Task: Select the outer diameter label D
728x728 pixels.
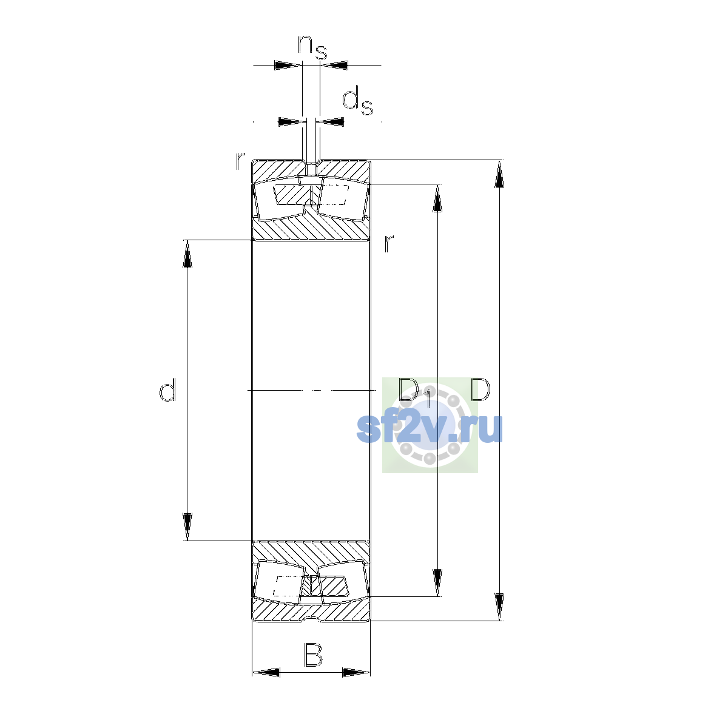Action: [x=480, y=389]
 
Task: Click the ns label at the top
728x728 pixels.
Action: [x=312, y=47]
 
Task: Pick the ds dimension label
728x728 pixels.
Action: [x=357, y=101]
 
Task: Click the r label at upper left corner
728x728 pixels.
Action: [x=240, y=160]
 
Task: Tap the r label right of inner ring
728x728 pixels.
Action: [x=388, y=243]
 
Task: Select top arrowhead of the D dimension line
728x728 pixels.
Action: [x=499, y=174]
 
